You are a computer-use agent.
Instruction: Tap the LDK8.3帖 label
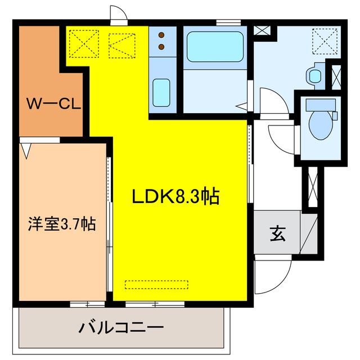pos(175,196)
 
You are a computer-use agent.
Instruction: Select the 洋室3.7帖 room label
pos(62,224)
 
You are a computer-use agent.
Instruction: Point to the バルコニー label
pos(121,327)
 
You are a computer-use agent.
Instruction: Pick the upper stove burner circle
pos(162,33)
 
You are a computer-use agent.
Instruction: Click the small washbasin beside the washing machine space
pos(313,74)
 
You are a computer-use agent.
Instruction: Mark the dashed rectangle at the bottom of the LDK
pos(156,284)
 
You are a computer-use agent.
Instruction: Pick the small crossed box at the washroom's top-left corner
pos(260,30)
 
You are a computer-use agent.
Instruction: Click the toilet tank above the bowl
pos(320,103)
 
